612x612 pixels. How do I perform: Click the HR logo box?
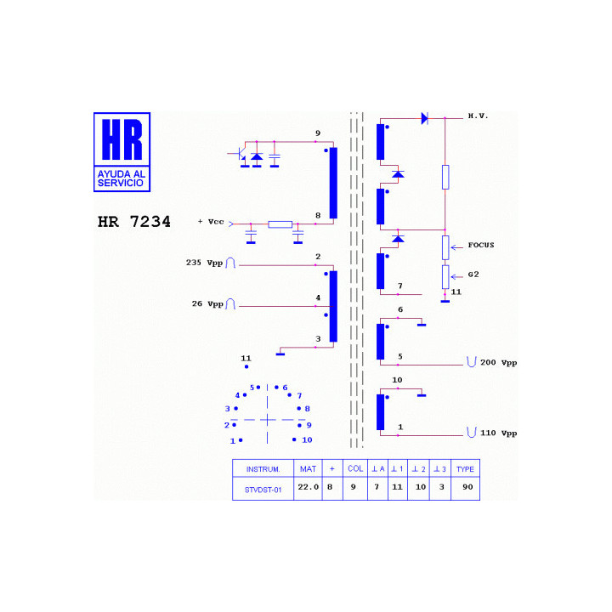pyautogui.click(x=122, y=152)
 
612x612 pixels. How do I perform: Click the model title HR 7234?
pyautogui.click(x=134, y=222)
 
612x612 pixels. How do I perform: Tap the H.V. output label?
pyautogui.click(x=478, y=116)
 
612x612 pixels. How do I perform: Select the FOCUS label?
pyautogui.click(x=481, y=245)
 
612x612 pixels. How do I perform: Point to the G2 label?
pyautogui.click(x=473, y=275)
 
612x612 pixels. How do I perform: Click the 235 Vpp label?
pyautogui.click(x=204, y=263)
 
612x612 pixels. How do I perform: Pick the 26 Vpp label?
pyautogui.click(x=207, y=303)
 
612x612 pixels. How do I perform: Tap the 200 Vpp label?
pyautogui.click(x=498, y=363)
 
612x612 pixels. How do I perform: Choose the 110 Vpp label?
pyautogui.click(x=498, y=433)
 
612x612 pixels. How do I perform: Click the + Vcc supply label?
pyautogui.click(x=211, y=222)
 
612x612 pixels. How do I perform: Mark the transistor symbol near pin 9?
pyautogui.click(x=239, y=154)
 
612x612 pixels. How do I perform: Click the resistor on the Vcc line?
pyautogui.click(x=280, y=224)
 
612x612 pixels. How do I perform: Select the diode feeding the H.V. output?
pyautogui.click(x=425, y=118)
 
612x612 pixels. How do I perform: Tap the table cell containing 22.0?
pyautogui.click(x=308, y=487)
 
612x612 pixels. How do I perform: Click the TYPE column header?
pyautogui.click(x=465, y=469)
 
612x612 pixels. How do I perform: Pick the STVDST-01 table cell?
pyautogui.click(x=263, y=490)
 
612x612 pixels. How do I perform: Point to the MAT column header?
pyautogui.click(x=308, y=468)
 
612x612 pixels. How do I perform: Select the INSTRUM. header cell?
pyautogui.click(x=263, y=469)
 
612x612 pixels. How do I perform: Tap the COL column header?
pyautogui.click(x=355, y=468)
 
